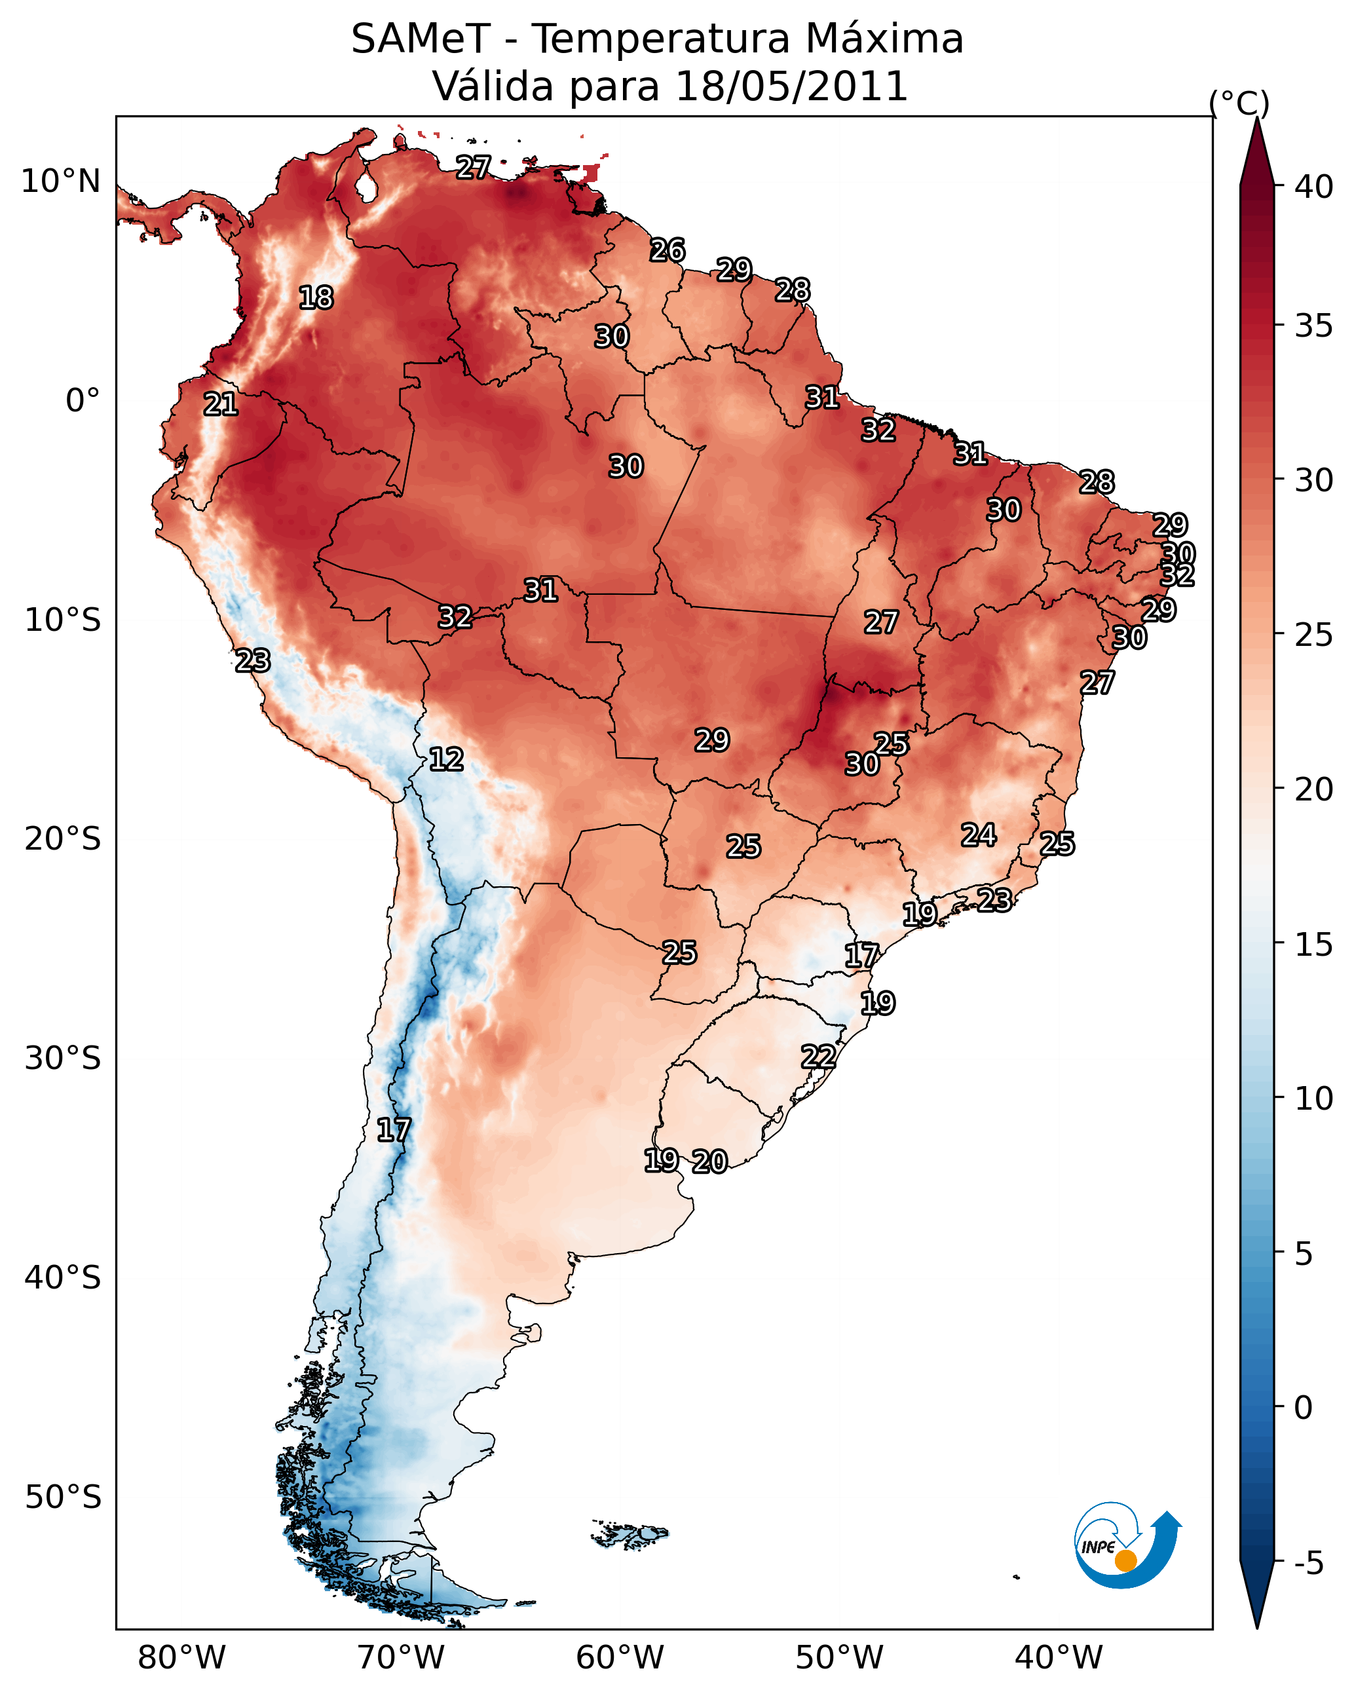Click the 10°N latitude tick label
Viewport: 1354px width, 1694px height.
click(60, 181)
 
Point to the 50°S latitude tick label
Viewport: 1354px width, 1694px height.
click(63, 1497)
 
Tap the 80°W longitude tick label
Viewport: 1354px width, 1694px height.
click(181, 1657)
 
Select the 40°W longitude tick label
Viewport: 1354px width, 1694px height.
click(1059, 1657)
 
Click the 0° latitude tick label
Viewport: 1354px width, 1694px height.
click(83, 401)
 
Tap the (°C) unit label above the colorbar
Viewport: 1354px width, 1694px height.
click(1239, 103)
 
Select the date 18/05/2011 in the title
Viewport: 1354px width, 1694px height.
click(791, 86)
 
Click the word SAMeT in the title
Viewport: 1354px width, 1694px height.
click(421, 39)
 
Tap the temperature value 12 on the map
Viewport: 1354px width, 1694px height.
click(446, 760)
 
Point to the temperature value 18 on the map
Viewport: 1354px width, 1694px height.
click(316, 298)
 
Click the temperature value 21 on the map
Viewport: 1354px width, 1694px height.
click(221, 405)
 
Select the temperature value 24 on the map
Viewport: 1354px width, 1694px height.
click(979, 835)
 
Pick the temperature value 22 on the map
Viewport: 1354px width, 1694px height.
click(818, 1057)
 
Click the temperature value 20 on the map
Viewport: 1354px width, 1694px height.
click(709, 1161)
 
